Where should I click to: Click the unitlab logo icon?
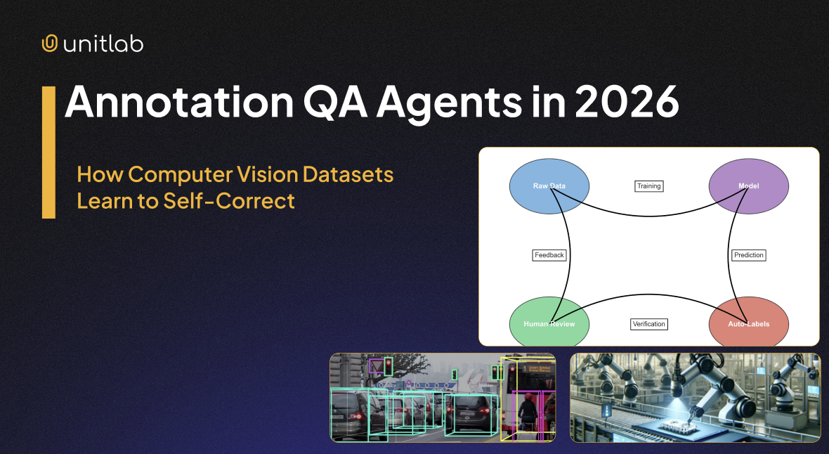click(49, 44)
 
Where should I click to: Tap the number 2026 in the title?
click(627, 103)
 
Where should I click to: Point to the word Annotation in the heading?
click(178, 103)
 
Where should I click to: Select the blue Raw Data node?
click(549, 186)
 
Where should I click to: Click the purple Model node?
click(748, 186)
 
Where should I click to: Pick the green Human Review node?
click(549, 324)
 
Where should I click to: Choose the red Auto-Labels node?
click(748, 324)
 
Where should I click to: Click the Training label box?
click(648, 186)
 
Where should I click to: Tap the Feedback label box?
click(549, 255)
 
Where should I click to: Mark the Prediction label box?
click(748, 255)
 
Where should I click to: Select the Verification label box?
click(648, 324)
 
